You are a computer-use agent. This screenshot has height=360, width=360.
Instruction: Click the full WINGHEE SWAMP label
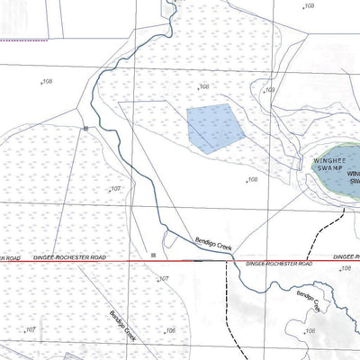click(x=328, y=163)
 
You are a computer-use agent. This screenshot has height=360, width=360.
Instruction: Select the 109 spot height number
click(x=269, y=90)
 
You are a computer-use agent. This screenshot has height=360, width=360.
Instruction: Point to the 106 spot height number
click(x=170, y=330)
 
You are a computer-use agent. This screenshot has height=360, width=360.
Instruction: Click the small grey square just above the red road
click(x=154, y=255)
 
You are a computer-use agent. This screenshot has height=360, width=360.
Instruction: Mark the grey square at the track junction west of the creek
click(x=85, y=130)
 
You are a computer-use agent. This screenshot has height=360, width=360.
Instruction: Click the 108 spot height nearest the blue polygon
click(x=204, y=86)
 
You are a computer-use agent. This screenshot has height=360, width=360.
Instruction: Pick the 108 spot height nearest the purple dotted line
click(x=48, y=82)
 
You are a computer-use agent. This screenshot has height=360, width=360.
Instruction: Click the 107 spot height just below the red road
click(x=164, y=279)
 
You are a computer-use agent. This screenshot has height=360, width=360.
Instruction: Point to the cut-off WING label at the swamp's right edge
click(x=353, y=174)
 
